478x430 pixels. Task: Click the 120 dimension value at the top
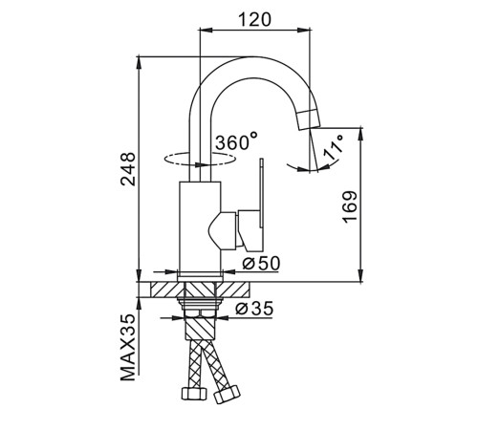255,20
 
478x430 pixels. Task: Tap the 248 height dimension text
128,169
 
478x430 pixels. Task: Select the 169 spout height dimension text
351,207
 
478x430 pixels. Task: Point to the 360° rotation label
236,141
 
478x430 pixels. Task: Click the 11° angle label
334,147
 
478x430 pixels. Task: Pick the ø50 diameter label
261,264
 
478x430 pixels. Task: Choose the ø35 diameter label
254,308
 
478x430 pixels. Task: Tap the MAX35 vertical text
128,347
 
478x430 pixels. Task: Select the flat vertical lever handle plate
262,193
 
